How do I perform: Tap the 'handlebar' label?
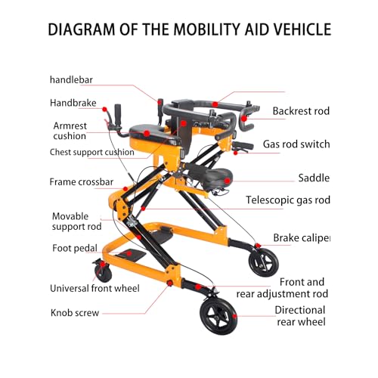click(71, 80)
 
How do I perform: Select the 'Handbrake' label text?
click(73, 103)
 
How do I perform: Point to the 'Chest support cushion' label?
click(92, 152)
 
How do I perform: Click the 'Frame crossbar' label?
click(82, 181)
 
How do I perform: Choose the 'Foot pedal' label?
click(75, 248)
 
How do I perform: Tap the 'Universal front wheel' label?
click(94, 288)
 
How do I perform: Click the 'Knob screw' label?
click(75, 313)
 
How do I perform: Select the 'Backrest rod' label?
click(301, 111)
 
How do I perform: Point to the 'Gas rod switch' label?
click(296, 144)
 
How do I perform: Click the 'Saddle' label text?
click(314, 178)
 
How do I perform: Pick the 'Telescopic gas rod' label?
click(288, 200)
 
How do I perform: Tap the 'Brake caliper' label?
click(302, 238)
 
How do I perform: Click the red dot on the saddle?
click(227, 181)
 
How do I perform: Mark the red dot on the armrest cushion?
click(147, 133)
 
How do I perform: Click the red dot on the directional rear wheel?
click(234, 316)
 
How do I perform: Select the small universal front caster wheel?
click(103, 271)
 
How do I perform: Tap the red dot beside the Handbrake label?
click(104, 109)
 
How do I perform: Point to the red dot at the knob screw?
click(170, 283)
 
